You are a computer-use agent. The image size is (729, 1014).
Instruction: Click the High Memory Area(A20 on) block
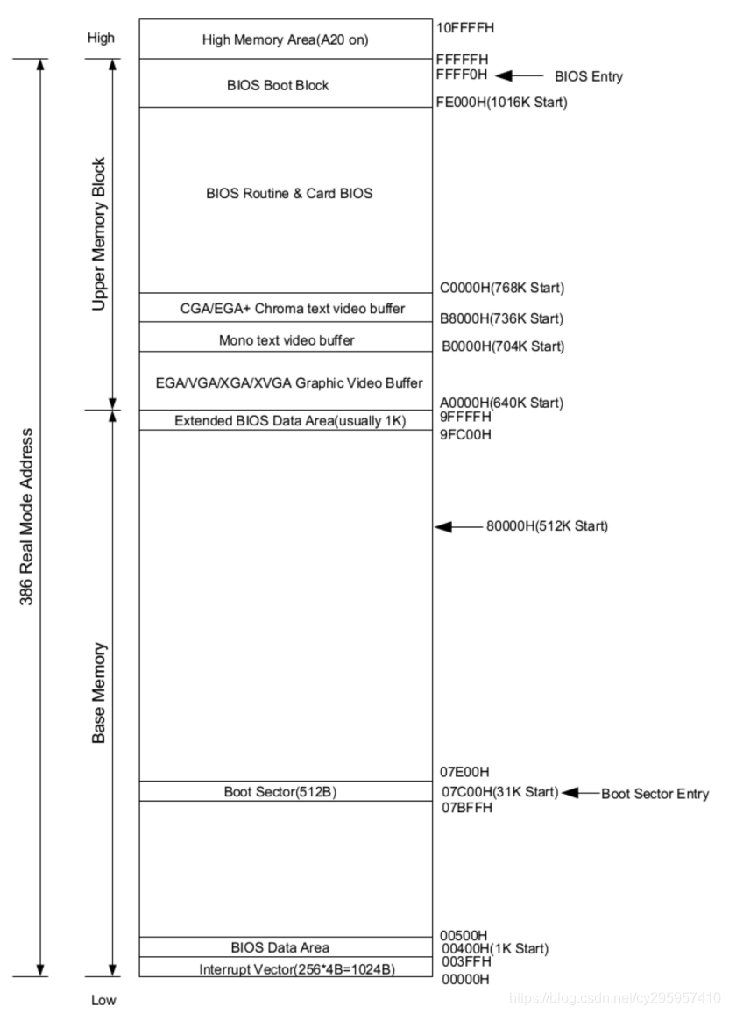[284, 39]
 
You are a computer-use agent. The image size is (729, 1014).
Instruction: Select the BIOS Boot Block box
[278, 86]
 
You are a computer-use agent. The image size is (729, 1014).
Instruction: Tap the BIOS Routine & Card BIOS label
[289, 194]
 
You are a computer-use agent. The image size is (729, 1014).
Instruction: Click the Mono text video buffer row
[287, 339]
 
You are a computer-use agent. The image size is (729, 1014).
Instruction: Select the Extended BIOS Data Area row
[289, 421]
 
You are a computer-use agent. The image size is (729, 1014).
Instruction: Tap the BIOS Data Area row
[280, 947]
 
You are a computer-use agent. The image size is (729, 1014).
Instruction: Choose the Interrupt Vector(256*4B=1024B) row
[285, 969]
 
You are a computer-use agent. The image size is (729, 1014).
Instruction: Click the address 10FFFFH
[465, 28]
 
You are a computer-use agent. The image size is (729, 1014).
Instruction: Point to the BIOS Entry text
[589, 76]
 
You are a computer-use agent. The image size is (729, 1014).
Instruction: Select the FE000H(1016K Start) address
[501, 103]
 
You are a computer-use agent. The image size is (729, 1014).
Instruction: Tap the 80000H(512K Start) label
[547, 526]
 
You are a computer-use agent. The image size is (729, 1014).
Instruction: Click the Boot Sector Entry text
[655, 794]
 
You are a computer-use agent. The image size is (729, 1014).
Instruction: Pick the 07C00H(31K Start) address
[499, 792]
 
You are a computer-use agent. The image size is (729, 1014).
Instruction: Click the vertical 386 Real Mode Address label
[27, 517]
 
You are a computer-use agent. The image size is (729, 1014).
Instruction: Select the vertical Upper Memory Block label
[100, 234]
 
